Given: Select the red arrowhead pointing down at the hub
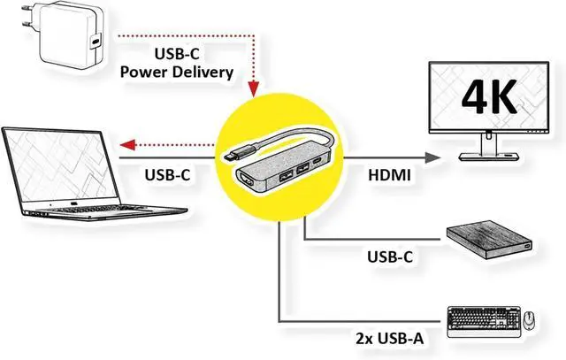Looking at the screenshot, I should (x=256, y=90).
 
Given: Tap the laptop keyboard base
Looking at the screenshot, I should (x=106, y=209).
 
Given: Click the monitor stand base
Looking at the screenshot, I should (x=486, y=157).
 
